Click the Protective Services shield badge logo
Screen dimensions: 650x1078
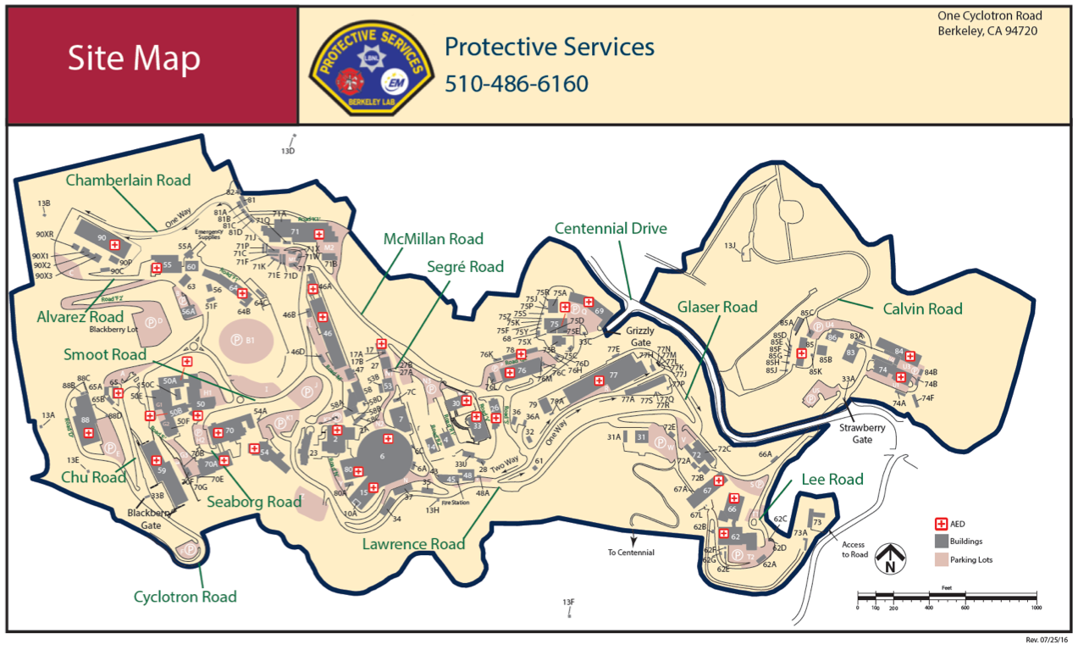pos(368,64)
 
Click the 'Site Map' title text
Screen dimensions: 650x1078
pos(134,58)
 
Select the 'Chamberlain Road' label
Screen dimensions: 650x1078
pos(128,180)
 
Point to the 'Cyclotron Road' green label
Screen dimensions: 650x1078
pos(185,597)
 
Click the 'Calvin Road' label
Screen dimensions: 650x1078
pos(922,309)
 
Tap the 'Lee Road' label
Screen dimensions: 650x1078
pos(833,480)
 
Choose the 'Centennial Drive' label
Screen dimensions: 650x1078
pos(611,229)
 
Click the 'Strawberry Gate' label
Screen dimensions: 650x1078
pos(862,434)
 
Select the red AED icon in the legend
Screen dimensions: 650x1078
pos(940,524)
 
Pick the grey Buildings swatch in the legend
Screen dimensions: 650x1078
pos(940,542)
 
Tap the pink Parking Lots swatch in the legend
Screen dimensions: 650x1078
pos(940,559)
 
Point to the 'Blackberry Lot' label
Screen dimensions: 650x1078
pos(113,329)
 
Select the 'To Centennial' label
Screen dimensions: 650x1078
pos(631,553)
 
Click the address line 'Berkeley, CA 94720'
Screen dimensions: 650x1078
pos(987,31)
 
